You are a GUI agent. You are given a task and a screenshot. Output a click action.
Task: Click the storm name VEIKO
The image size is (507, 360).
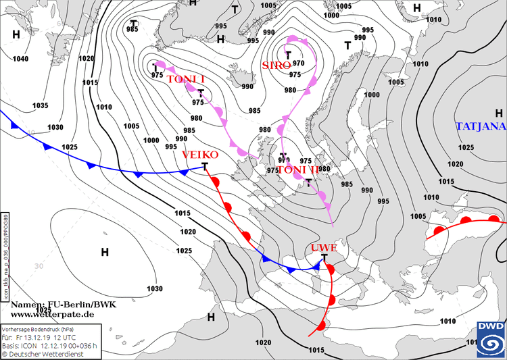tap(200, 155)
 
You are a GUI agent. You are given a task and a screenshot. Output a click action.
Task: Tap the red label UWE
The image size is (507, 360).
tap(324, 248)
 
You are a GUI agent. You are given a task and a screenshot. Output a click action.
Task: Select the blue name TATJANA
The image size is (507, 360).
tap(481, 126)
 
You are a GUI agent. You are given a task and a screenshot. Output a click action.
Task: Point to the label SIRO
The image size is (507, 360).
tap(276, 65)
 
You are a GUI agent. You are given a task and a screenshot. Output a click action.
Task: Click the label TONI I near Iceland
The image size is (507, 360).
tap(185, 80)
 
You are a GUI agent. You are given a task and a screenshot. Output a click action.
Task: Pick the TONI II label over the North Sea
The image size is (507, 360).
tap(298, 170)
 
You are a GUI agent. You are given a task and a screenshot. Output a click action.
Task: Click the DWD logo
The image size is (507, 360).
tap(489, 338)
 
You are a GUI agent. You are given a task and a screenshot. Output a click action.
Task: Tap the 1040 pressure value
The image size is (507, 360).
tap(20, 59)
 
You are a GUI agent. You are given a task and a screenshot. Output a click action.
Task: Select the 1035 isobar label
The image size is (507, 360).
tap(41, 105)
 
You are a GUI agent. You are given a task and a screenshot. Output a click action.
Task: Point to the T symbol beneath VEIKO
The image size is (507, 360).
tap(205, 165)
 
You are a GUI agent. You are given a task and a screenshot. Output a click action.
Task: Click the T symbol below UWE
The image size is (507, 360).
tap(325, 258)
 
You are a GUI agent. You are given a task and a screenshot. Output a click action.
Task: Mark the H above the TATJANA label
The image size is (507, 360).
tap(499, 113)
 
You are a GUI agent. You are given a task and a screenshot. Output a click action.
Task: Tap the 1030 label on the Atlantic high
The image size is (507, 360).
tap(154, 288)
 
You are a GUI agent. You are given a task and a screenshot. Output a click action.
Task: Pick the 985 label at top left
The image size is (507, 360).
tap(132, 29)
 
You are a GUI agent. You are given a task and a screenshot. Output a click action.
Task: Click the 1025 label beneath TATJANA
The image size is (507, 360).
tap(465, 147)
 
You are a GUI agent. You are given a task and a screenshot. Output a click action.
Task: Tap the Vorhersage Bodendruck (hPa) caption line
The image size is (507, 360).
tap(42, 328)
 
